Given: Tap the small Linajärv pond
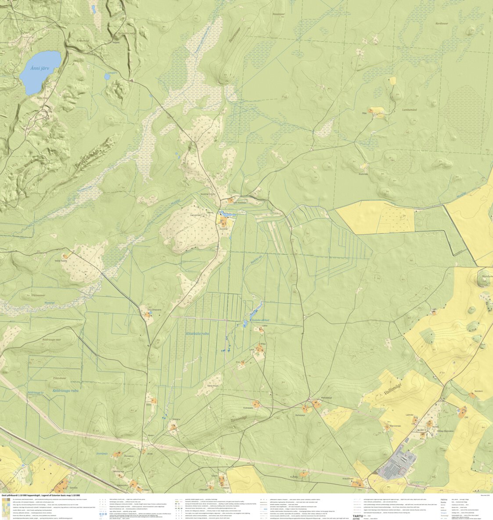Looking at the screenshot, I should [107, 77].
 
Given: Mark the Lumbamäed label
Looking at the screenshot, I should [409, 110].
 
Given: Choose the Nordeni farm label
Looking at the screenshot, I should [479, 391].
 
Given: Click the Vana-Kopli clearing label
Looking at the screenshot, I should [213, 386].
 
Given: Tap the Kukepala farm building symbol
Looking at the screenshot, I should [255, 403].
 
